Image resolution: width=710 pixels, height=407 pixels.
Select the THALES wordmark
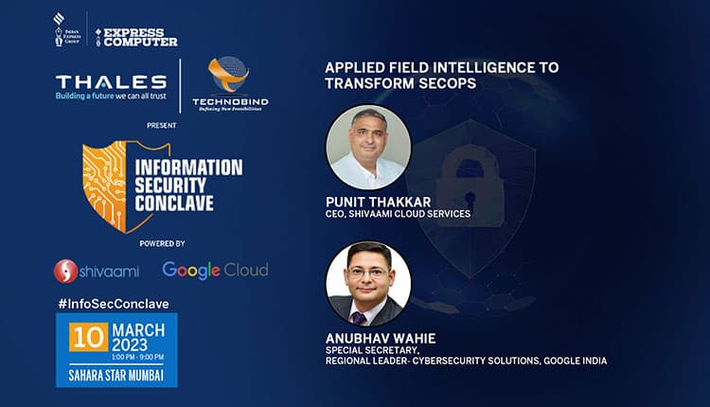(111, 81)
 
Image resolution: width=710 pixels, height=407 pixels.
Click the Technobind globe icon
(225, 76)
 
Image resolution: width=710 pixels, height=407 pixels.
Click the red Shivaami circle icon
(66, 271)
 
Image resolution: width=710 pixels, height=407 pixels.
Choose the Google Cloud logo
(215, 270)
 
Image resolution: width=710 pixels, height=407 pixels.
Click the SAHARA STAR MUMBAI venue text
(117, 375)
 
